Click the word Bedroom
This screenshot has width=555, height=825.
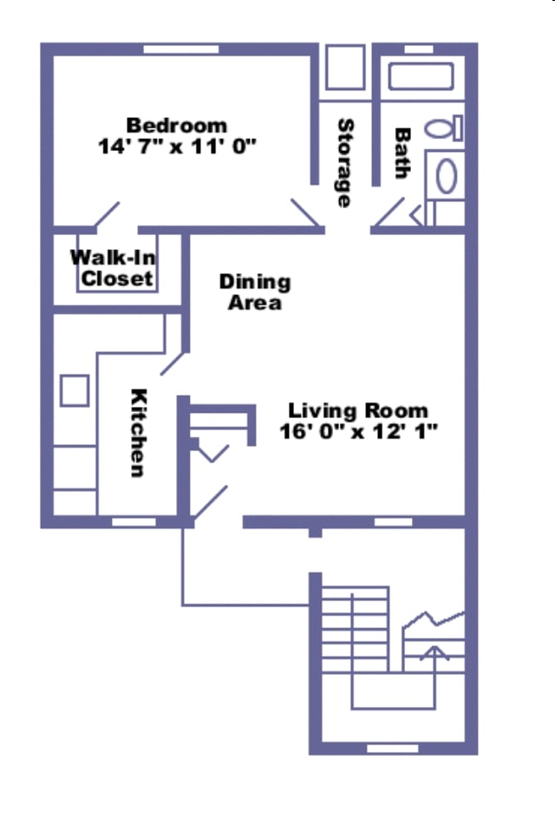[x=177, y=126]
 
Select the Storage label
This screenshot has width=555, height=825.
[x=344, y=163]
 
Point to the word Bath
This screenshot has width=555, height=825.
[x=402, y=154]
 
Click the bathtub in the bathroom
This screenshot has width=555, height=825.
[x=421, y=76]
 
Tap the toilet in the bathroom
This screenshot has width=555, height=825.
[x=447, y=128]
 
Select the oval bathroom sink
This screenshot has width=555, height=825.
[x=446, y=176]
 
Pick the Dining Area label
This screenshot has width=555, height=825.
[x=254, y=291]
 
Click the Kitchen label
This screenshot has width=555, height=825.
[x=138, y=432]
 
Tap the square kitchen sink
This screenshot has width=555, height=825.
[x=75, y=390]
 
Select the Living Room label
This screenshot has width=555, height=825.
[x=358, y=410]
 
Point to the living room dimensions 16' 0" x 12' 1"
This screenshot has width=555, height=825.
[x=358, y=430]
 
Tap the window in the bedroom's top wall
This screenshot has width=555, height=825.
[x=180, y=49]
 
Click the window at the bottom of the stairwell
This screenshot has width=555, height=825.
[x=393, y=747]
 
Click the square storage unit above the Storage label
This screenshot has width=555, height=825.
[x=345, y=69]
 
